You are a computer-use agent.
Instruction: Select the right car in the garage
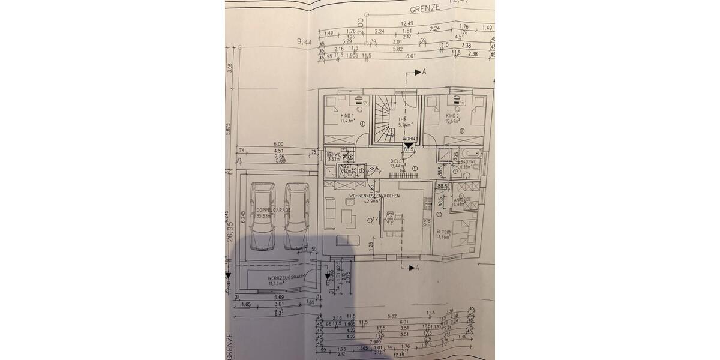click(296, 215)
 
